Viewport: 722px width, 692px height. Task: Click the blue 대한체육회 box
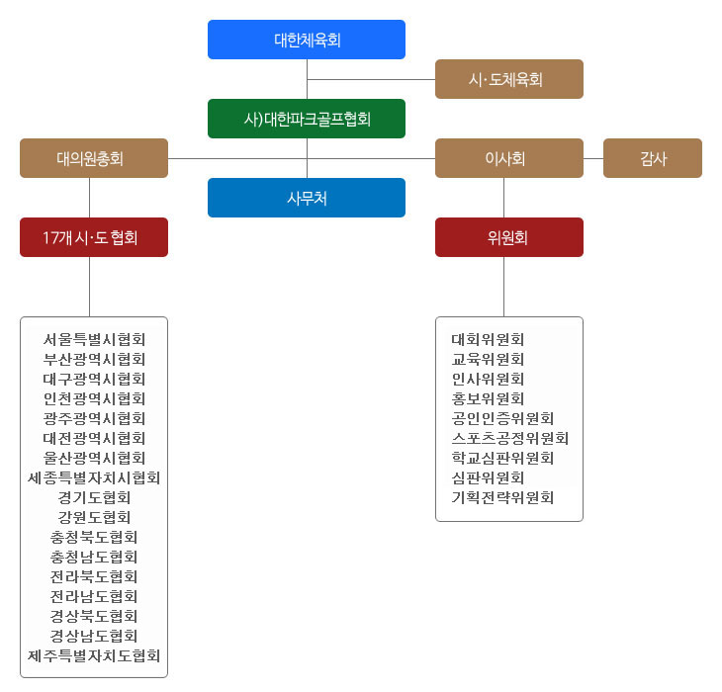(307, 40)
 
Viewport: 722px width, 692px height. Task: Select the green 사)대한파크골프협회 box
(307, 119)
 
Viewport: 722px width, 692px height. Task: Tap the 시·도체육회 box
(508, 79)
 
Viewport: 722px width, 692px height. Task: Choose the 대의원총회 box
(94, 158)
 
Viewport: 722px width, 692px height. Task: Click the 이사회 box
(508, 158)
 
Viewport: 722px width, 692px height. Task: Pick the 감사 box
(653, 158)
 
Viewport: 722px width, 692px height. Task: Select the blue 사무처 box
(307, 198)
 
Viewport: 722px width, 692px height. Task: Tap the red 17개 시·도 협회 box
(94, 237)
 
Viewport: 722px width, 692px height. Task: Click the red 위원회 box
(508, 237)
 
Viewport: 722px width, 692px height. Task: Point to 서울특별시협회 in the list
(94, 339)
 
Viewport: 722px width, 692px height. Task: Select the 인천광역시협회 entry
(94, 399)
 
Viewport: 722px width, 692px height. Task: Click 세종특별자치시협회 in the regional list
(94, 478)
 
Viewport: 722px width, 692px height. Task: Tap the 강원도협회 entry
(94, 518)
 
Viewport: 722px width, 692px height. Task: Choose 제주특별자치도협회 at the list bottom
(94, 656)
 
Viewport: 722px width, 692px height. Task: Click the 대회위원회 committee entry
(488, 339)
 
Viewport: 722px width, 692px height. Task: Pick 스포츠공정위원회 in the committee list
(510, 439)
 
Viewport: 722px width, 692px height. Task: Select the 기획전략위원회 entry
(502, 498)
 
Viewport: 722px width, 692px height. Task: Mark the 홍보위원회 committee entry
(488, 399)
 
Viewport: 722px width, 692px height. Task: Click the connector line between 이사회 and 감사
(593, 159)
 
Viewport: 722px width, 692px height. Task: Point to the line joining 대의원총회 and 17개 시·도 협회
(89, 198)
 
